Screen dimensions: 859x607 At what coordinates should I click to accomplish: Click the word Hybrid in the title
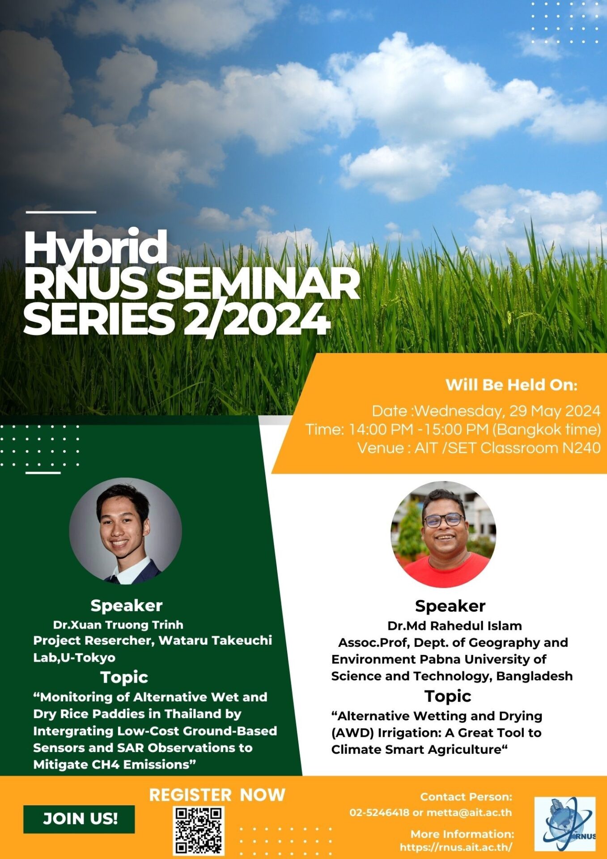tap(95, 248)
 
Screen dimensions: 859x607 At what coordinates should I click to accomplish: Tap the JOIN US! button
tap(79, 819)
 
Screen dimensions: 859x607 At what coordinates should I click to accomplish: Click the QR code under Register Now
tap(199, 830)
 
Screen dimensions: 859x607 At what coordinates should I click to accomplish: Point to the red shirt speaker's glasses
tap(443, 520)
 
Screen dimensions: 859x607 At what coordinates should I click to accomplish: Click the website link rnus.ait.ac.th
tap(456, 847)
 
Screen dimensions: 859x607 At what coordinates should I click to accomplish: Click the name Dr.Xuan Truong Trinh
tap(118, 625)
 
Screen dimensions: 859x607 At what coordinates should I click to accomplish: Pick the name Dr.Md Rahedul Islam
tap(454, 625)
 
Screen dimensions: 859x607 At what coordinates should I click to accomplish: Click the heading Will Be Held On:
tap(511, 385)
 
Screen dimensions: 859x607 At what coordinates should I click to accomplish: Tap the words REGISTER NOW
tap(217, 795)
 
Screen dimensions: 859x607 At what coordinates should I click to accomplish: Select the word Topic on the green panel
tap(124, 677)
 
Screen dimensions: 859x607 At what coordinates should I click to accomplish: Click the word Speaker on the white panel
tap(450, 606)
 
